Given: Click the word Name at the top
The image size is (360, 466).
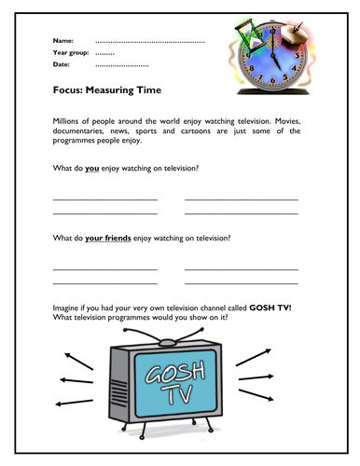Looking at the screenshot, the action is click(62, 42).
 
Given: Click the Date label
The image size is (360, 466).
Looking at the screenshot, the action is click(62, 65).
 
